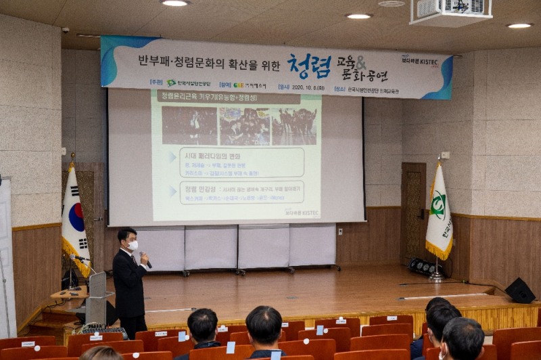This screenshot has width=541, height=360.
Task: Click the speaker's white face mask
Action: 133,246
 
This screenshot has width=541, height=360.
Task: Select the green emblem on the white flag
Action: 438,204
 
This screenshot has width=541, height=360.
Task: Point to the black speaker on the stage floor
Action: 519,291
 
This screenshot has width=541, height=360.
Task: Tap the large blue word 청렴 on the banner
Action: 308,66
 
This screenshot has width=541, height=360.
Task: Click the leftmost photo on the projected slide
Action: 189,125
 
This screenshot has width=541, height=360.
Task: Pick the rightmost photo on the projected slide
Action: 293,126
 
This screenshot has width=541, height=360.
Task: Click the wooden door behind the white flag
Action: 413,213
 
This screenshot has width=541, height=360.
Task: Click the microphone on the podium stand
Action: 80,258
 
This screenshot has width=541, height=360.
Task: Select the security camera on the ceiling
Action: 65,30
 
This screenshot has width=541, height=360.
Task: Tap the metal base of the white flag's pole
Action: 438,278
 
